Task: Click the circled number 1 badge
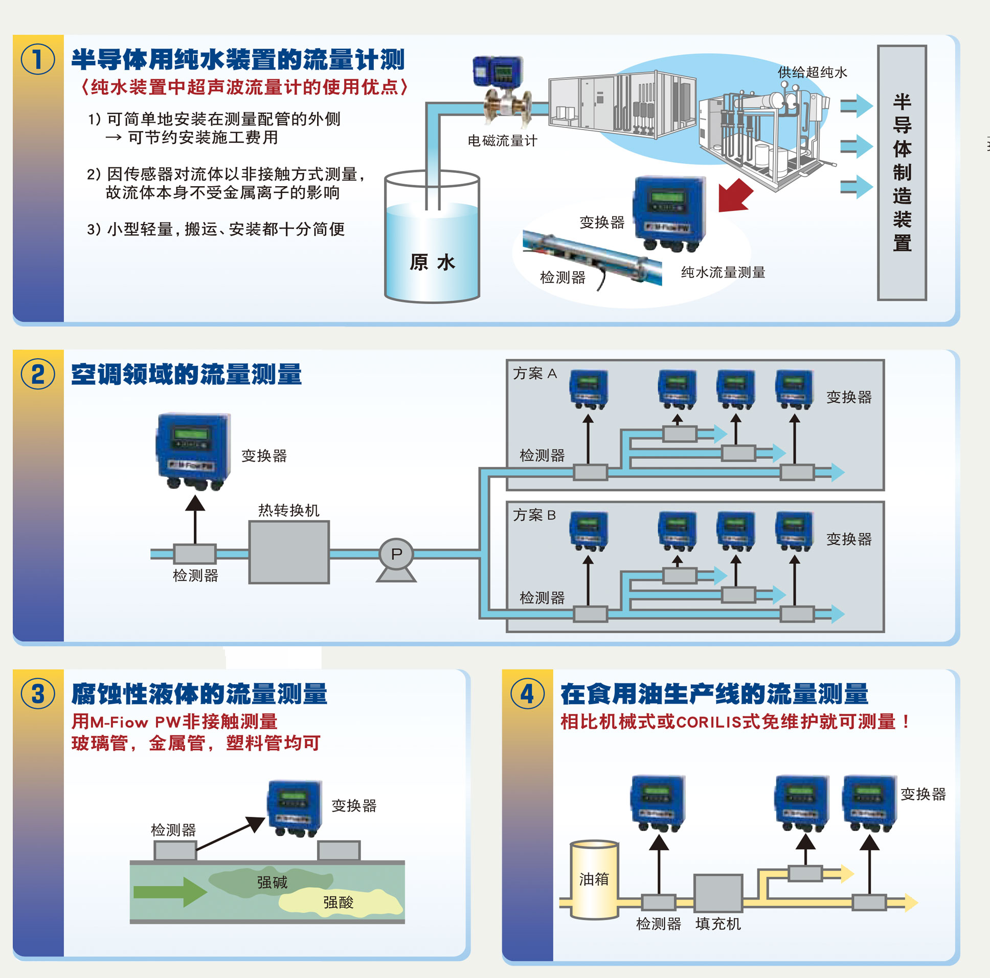coord(38,59)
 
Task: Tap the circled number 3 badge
coord(38,694)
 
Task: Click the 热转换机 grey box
coord(288,552)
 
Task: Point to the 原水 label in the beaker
coord(432,262)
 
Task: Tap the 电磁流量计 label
coord(502,141)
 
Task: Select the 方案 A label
coord(535,374)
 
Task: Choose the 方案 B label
coord(534,515)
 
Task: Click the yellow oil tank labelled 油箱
coord(594,880)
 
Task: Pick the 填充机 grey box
coord(718,894)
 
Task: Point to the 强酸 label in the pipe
coord(338,902)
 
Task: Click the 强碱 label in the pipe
coord(272,882)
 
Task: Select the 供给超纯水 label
coord(812,72)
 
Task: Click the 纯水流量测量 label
coord(723,272)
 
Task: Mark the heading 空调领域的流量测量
coord(187,375)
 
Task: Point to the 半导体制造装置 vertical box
coord(902,172)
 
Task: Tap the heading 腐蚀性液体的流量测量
coord(199,694)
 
